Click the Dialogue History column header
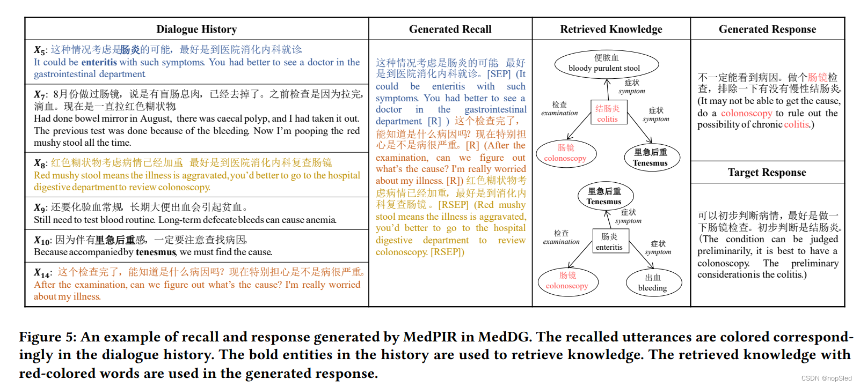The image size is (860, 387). tap(196, 29)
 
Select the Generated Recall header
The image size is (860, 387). tap(450, 29)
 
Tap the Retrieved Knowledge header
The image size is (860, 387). tap(611, 29)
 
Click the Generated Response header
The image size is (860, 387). tap(767, 29)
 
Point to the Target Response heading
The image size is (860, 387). tap(767, 172)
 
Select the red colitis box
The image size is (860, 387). tap(608, 113)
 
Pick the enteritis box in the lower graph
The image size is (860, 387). tap(609, 242)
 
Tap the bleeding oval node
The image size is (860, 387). tap(653, 282)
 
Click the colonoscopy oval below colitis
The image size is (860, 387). tap(565, 153)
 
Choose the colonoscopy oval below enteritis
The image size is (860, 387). tap(567, 280)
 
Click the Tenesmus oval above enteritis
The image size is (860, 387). tap(604, 196)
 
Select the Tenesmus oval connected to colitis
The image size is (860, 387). tap(650, 158)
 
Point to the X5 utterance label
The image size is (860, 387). tap(40, 50)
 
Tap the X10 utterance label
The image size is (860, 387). tap(42, 241)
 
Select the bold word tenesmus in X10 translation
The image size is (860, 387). tap(156, 252)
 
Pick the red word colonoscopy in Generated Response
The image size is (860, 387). tap(746, 113)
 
